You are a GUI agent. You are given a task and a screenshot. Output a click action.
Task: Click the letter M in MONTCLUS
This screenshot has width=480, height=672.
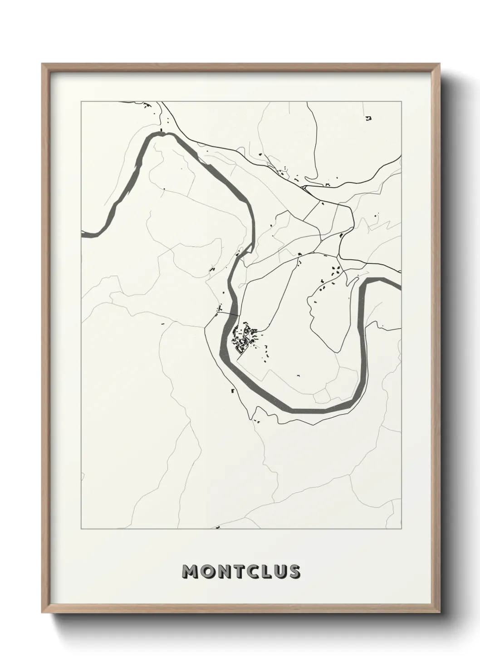pyautogui.click(x=191, y=572)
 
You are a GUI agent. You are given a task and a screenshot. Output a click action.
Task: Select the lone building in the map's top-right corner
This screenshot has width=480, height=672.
pyautogui.click(x=368, y=119)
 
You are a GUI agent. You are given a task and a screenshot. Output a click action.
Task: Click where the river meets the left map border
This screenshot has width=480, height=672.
pyautogui.click(x=83, y=234)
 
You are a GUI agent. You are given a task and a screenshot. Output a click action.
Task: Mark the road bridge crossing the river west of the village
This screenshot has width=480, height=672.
pyautogui.click(x=228, y=314)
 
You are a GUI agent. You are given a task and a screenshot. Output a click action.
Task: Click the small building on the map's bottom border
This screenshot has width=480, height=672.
pyautogui.click(x=218, y=528)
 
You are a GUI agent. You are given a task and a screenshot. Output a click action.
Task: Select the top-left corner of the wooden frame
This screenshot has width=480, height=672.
pyautogui.click(x=43, y=64)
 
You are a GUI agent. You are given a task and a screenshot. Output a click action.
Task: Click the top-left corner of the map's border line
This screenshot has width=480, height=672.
pyautogui.click(x=81, y=102)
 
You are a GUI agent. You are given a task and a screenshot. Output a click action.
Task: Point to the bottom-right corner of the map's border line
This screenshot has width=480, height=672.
pyautogui.click(x=402, y=529)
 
